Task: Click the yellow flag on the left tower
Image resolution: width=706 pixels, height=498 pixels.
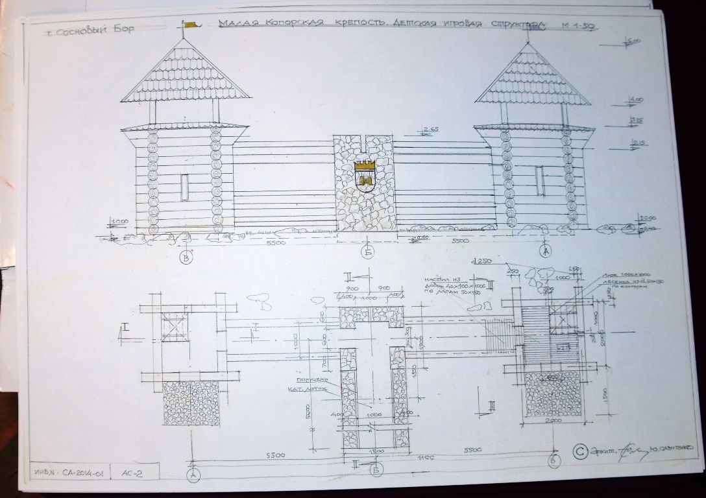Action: tap(189, 25)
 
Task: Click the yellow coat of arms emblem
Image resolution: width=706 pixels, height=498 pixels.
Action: tap(365, 174)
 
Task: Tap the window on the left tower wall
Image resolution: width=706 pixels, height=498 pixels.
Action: tap(184, 187)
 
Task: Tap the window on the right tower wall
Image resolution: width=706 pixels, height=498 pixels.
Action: tap(540, 180)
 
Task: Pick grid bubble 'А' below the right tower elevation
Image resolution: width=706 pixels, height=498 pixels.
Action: tap(545, 252)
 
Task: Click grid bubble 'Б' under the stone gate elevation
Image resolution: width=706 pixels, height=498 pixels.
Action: tap(368, 253)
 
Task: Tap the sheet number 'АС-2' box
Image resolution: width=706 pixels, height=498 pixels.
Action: tap(131, 473)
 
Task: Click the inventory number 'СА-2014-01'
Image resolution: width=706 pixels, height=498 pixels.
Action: tap(73, 473)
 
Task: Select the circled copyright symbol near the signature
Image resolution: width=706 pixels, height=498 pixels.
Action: tap(581, 450)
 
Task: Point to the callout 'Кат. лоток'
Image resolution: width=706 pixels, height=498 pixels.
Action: tap(310, 389)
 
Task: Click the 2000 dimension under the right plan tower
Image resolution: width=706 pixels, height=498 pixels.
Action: tap(553, 421)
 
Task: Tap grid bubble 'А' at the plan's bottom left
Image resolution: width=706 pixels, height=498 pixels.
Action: tap(193, 475)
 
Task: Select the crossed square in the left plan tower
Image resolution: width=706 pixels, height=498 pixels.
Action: tap(174, 326)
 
